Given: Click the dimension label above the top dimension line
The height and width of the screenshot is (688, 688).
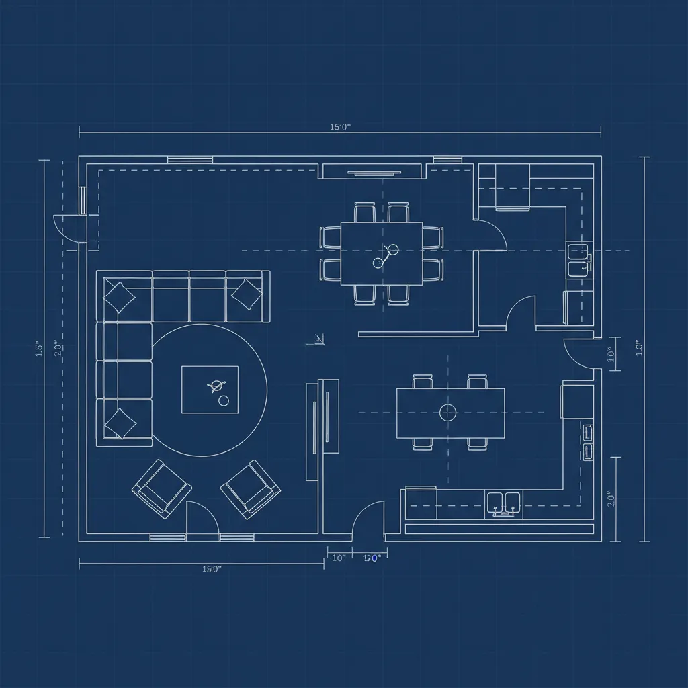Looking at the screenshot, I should point(341,126).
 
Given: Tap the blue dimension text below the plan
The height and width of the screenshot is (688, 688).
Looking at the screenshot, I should point(372,558).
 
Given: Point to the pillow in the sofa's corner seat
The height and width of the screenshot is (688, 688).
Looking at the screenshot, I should point(119,296).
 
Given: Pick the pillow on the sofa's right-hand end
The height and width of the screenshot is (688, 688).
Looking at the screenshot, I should point(246,294).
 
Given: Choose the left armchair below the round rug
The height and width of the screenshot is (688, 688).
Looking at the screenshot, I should point(161,488).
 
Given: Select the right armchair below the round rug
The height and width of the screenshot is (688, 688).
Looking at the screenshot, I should point(251,489).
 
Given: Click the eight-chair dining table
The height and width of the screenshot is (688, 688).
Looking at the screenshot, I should point(382,253).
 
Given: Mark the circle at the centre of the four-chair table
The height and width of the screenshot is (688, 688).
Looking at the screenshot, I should point(448,413).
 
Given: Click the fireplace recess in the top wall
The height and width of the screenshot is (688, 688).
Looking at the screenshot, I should point(373,172).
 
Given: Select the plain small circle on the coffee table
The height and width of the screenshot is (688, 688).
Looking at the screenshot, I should point(224,400).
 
